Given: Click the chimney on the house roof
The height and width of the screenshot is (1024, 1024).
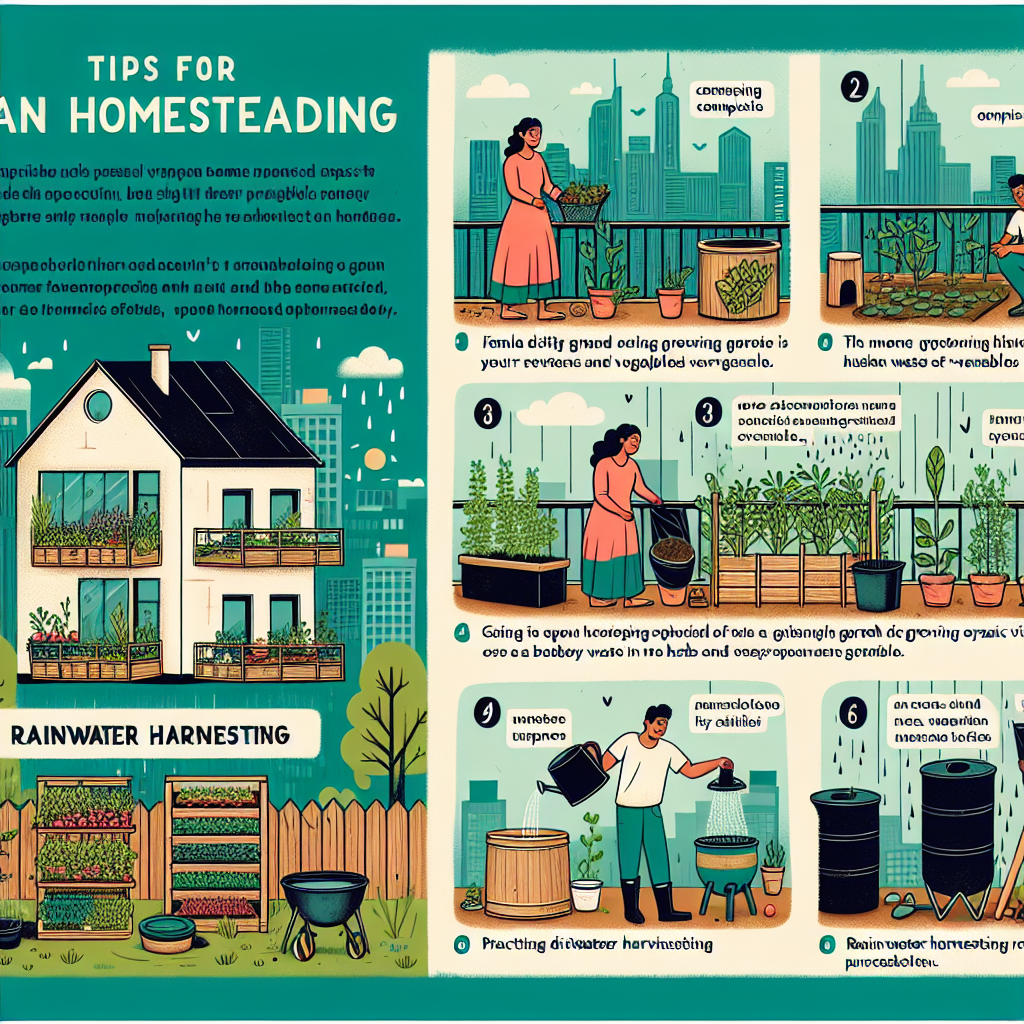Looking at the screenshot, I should tap(160, 367).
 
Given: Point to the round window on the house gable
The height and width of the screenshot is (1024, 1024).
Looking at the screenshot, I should tap(98, 405).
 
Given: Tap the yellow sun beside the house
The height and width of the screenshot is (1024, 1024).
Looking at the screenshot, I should tap(375, 458).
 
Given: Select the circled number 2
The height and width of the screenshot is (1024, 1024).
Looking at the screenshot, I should tap(853, 86).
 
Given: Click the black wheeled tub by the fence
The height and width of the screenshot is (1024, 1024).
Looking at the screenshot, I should tap(325, 905).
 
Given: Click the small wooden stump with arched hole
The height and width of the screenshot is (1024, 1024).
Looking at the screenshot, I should tap(845, 279).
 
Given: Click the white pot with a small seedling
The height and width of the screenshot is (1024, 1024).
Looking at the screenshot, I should tap(587, 892).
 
